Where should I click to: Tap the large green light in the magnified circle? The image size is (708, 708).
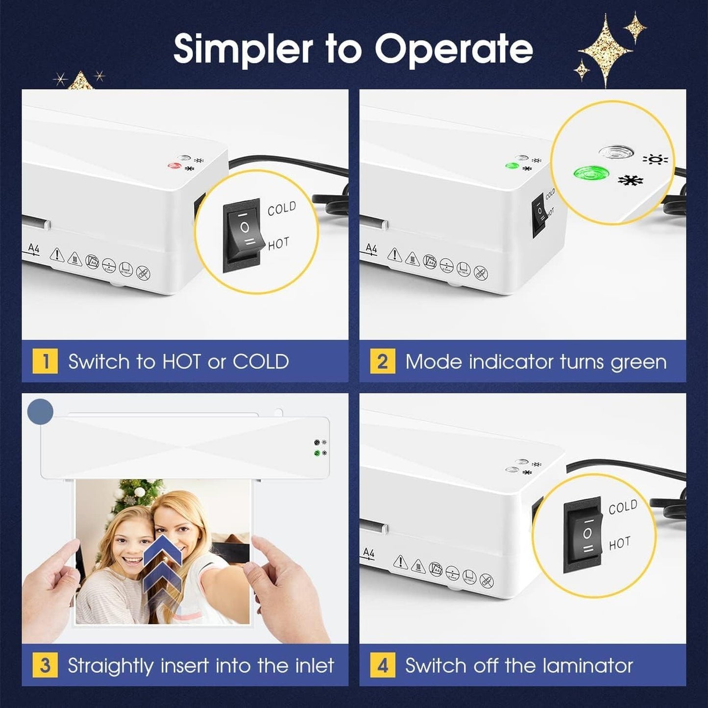coord(591,172)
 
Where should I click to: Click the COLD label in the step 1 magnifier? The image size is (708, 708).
coord(282,209)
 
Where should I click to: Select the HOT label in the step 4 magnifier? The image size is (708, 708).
coord(620,542)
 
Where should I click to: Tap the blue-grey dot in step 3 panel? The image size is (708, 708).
coord(40,412)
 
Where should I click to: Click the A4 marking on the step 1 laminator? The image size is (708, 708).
coord(33,249)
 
